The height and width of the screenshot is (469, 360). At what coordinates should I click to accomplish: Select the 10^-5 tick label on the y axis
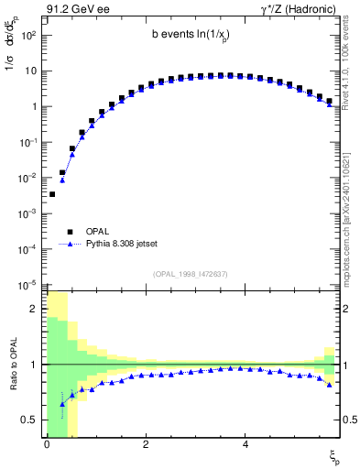click(x=29, y=284)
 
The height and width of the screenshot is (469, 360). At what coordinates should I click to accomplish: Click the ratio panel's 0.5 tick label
click(x=31, y=420)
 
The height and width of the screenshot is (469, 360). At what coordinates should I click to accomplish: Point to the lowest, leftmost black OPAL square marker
click(x=52, y=194)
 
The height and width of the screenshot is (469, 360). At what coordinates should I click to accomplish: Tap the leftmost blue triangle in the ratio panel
click(x=62, y=403)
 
